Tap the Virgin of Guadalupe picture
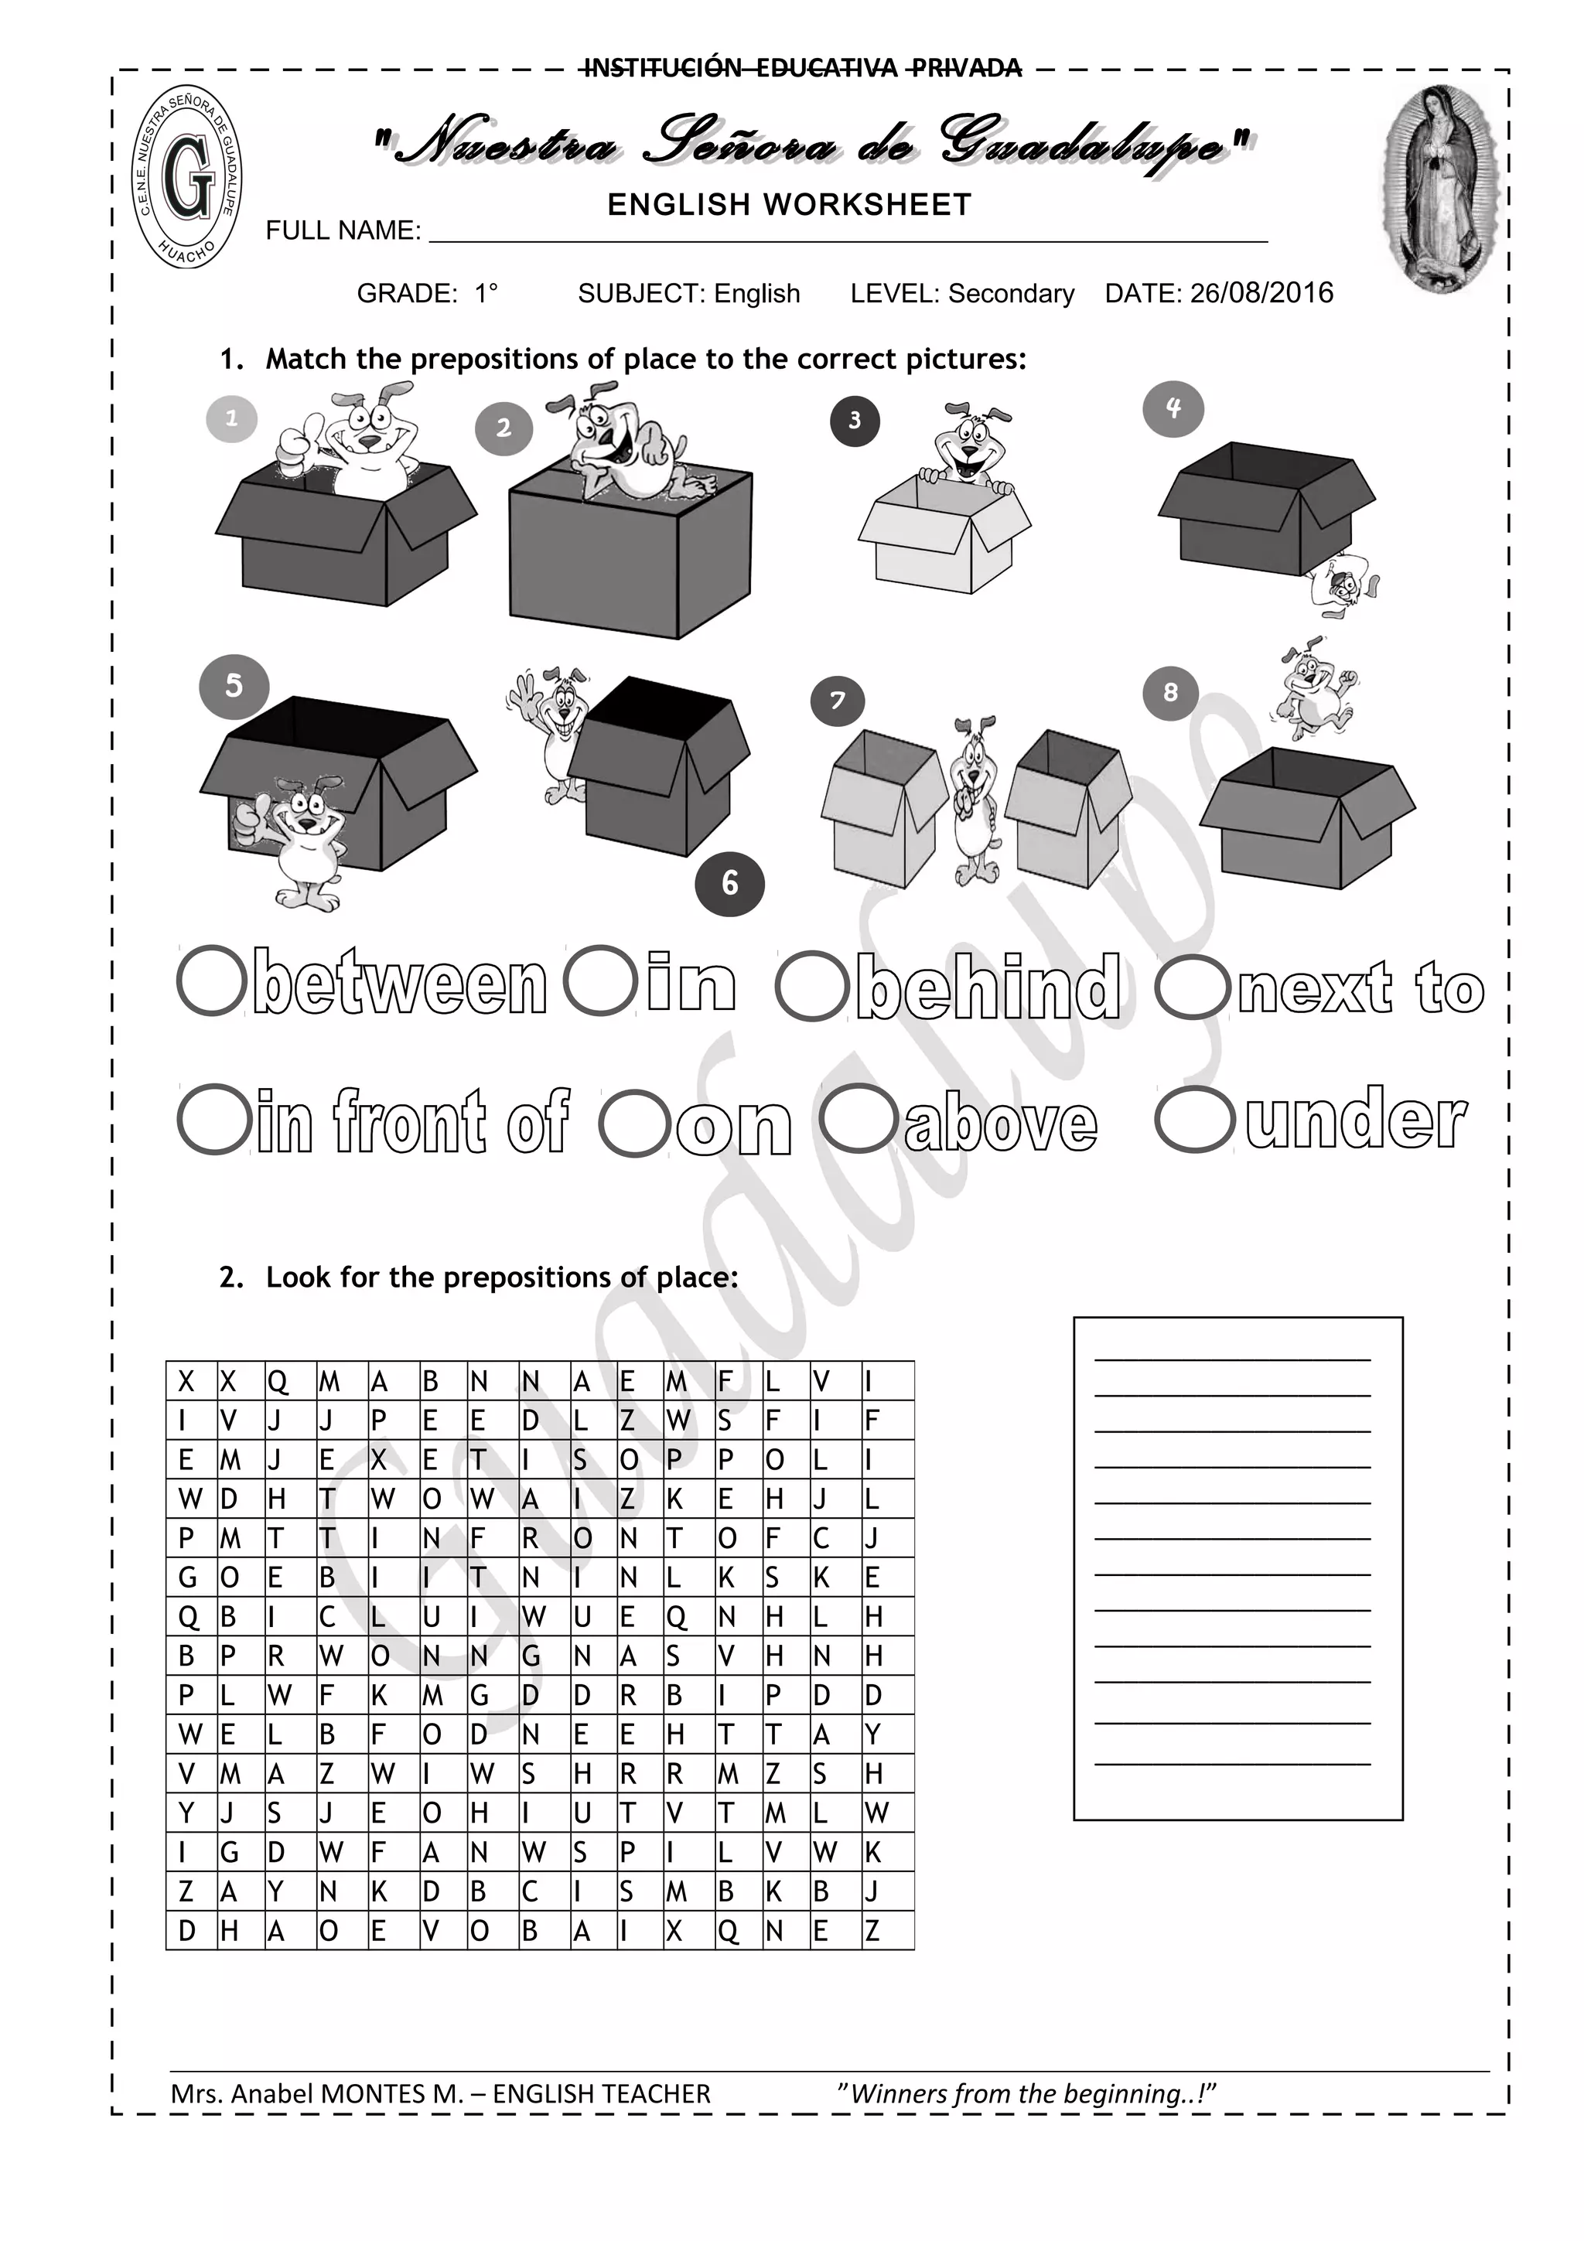pos(1439,190)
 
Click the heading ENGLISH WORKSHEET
pos(789,205)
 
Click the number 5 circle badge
pos(234,686)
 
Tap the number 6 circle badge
pos(729,883)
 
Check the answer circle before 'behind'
pos(811,987)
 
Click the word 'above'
pos(1000,1124)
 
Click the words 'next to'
pos(1361,987)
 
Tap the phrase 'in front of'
pos(411,1123)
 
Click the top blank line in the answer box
pos(1231,1359)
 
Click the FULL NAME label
pos(343,231)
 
